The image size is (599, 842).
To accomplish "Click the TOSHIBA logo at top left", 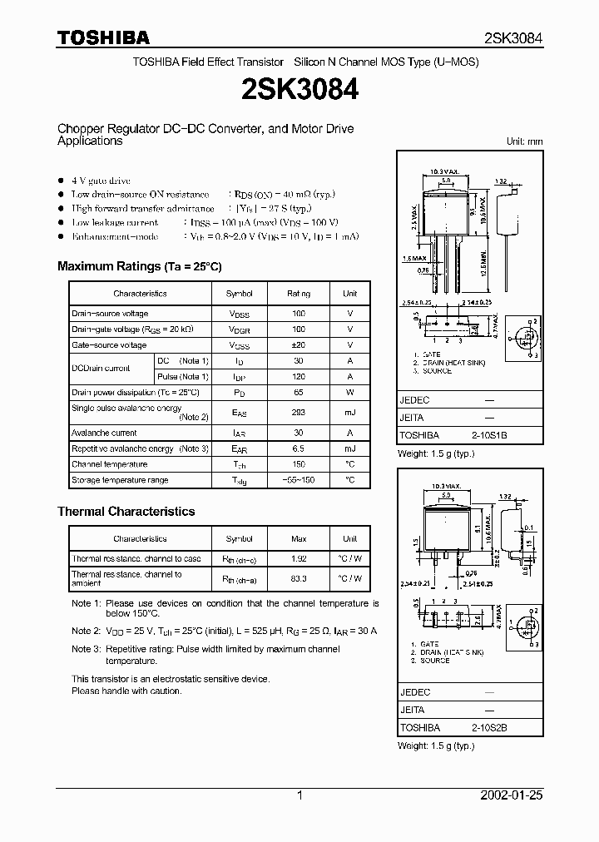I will point(103,37).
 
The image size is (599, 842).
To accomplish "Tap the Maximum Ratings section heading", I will point(139,266).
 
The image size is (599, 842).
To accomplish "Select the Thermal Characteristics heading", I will point(126,512).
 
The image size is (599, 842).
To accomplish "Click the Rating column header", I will point(299,294).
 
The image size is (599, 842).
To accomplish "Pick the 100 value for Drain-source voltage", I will point(299,314).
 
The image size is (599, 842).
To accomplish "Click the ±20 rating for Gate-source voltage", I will point(299,345).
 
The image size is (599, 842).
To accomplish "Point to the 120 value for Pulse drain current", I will point(299,377).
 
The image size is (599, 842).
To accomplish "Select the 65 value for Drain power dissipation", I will point(299,393).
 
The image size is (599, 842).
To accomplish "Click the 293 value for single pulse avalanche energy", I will point(299,413).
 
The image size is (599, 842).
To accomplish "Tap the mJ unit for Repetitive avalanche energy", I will point(350,449).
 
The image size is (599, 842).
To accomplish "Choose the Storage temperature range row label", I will point(120,481).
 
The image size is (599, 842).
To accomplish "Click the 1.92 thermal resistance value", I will point(299,559).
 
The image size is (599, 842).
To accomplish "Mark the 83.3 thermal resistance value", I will point(299,579).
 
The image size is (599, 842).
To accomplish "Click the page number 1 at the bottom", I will point(299,795).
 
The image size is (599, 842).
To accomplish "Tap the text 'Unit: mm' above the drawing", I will point(524,141).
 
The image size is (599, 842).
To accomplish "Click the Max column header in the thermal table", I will point(299,539).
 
